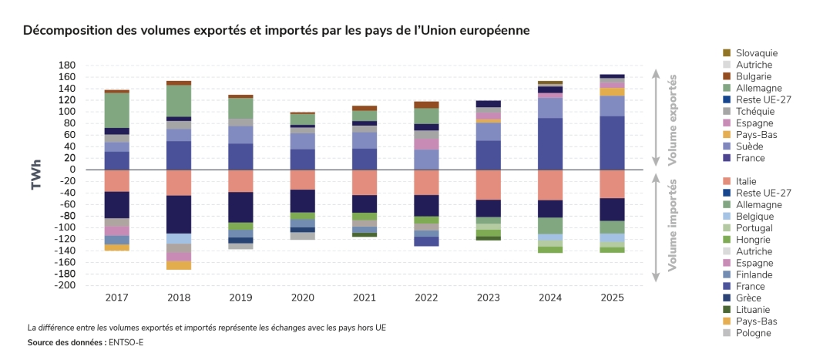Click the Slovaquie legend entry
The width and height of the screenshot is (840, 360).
(x=755, y=53)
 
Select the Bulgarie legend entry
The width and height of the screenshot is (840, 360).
(x=753, y=76)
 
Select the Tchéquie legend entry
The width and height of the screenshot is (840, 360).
(x=755, y=112)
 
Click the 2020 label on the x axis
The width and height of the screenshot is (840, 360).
(x=303, y=297)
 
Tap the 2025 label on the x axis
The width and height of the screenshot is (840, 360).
(x=612, y=297)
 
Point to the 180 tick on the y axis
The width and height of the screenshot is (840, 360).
(x=66, y=66)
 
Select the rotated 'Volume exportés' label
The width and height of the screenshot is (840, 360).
(x=673, y=119)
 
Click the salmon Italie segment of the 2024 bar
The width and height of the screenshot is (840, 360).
(x=549, y=185)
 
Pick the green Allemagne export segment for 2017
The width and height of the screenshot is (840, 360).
(x=117, y=109)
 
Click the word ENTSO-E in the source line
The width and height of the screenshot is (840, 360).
(x=126, y=343)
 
